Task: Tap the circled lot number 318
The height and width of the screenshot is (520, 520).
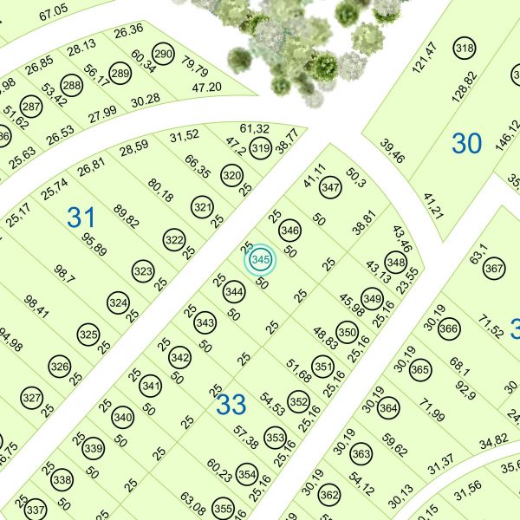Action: point(465,49)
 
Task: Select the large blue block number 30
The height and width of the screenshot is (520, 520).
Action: point(466,143)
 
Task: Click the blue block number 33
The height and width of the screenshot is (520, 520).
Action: point(231,403)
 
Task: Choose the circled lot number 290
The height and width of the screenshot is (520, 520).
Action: point(163,51)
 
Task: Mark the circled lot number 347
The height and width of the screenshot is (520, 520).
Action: point(329,187)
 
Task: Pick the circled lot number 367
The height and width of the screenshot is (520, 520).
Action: point(494,269)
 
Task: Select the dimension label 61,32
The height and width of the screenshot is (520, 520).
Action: point(255,129)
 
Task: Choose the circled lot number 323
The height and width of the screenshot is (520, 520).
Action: point(143,272)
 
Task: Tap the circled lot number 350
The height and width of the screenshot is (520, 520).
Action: point(347,332)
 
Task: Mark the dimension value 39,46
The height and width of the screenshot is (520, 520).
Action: point(392,152)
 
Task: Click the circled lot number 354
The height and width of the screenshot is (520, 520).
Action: point(247,475)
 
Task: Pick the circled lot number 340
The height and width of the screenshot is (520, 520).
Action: point(122,418)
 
